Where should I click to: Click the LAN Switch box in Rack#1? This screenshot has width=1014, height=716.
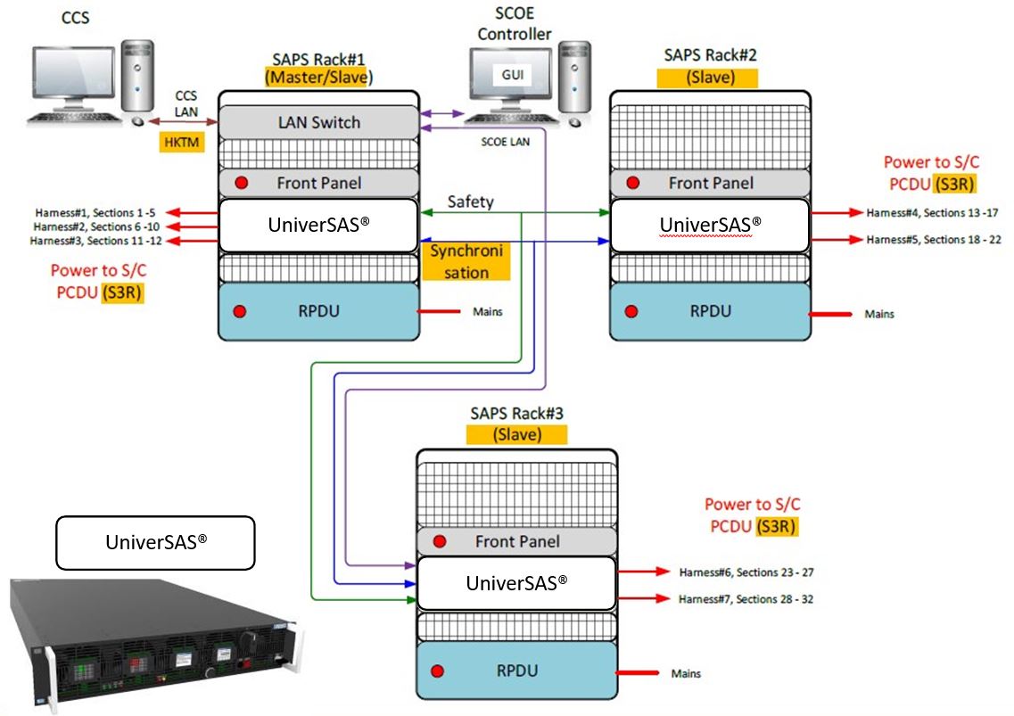[318, 122]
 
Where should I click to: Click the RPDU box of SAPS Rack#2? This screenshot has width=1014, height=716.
[710, 311]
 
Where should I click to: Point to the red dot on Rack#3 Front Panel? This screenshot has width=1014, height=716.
[439, 541]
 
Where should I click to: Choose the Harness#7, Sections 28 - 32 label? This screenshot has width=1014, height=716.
[746, 599]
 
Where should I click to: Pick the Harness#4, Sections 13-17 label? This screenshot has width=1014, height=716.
[932, 212]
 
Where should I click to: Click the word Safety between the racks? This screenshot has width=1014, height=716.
[470, 202]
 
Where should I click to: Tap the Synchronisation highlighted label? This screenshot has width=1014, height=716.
[466, 261]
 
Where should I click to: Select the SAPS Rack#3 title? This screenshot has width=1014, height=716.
[516, 414]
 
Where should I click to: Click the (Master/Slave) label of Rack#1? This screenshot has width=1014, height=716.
[318, 77]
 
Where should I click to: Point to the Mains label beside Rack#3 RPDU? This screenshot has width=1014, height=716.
[687, 673]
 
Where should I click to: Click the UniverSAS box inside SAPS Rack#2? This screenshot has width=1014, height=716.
[710, 224]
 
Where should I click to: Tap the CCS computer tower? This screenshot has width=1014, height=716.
[137, 80]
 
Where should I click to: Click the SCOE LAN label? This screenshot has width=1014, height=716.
[499, 143]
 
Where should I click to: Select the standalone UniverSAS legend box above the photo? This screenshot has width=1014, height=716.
[155, 542]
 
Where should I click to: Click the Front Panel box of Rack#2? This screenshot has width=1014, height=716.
[710, 183]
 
